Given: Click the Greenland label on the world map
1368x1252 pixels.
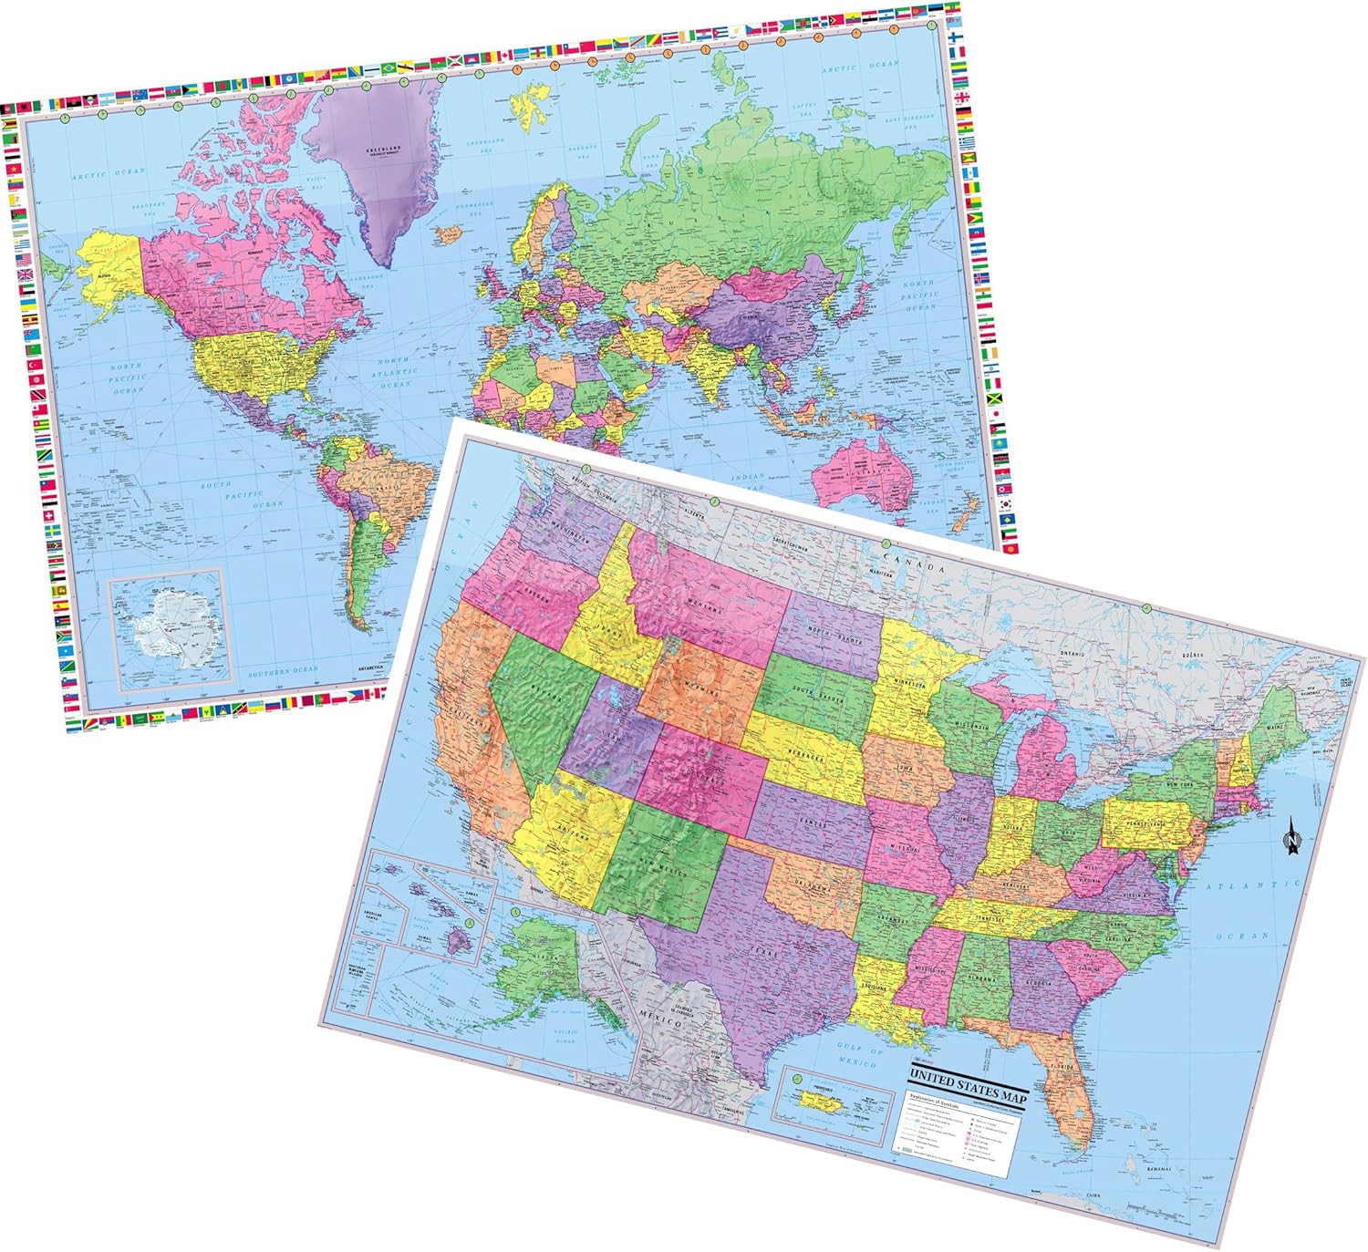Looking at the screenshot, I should coord(383,151).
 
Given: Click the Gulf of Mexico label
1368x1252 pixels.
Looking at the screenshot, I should coord(857,1055).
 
